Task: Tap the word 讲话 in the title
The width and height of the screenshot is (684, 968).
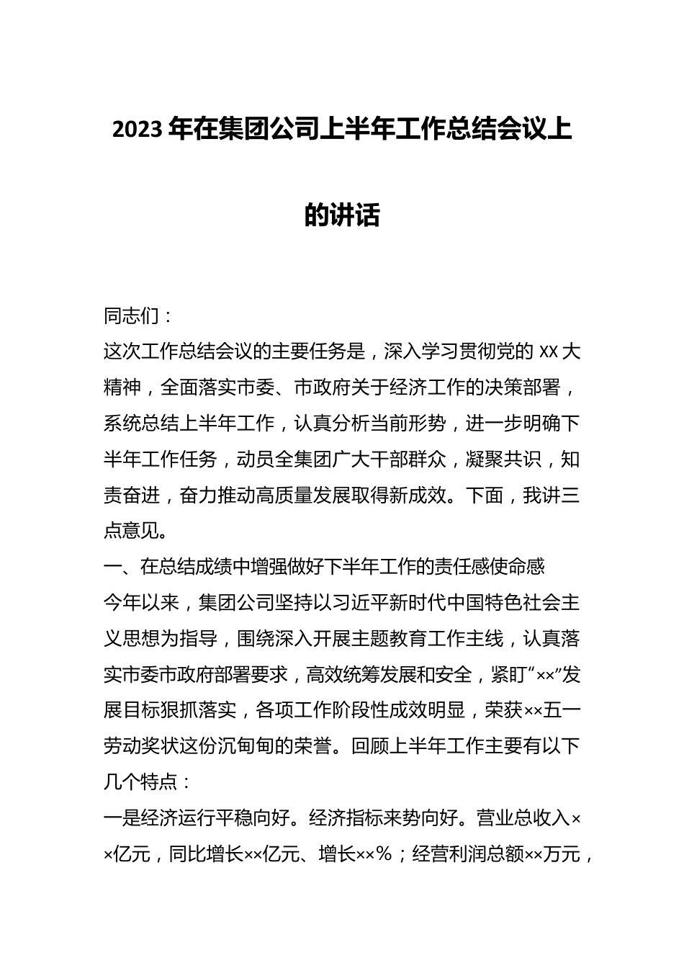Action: (x=361, y=215)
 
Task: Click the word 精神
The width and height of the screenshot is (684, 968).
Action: (x=123, y=388)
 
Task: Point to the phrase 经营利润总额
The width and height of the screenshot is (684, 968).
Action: (x=468, y=854)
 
